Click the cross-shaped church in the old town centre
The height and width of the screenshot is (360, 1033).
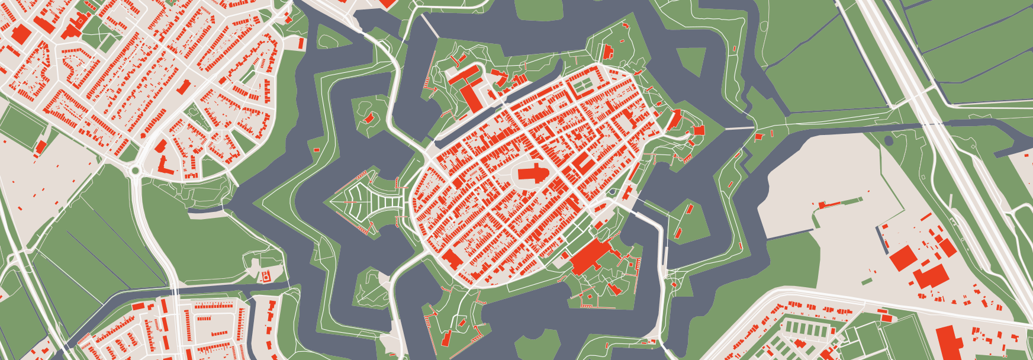[533, 174]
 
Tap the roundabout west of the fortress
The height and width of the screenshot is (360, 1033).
[135, 171]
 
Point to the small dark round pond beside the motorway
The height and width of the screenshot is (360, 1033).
[889, 141]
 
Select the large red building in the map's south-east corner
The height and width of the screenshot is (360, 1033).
[950, 343]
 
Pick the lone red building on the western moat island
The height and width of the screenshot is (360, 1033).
[369, 118]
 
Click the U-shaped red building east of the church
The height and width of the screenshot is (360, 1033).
[584, 163]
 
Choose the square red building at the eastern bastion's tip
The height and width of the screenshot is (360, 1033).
[699, 130]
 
